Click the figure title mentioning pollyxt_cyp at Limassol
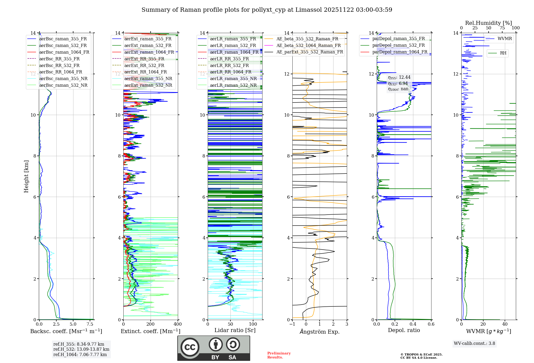tap(267, 10)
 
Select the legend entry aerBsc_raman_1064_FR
tap(64, 52)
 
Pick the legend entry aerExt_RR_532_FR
tap(144, 65)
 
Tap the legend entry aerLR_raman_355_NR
tap(233, 79)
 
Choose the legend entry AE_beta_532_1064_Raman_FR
tap(308, 46)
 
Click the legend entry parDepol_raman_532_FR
tap(398, 45)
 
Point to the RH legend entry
tap(503, 53)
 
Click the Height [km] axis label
tap(26, 176)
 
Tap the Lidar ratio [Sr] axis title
tap(235, 330)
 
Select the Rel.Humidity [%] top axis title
tap(488, 23)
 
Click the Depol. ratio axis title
tap(404, 330)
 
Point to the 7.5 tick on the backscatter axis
tap(90, 324)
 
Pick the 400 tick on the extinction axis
tap(178, 324)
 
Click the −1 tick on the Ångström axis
tap(292, 324)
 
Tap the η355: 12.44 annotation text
tap(399, 77)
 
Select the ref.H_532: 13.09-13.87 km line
tap(81, 349)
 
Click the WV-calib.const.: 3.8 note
tap(474, 344)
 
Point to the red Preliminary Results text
tap(279, 355)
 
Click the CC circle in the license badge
tap(190, 347)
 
